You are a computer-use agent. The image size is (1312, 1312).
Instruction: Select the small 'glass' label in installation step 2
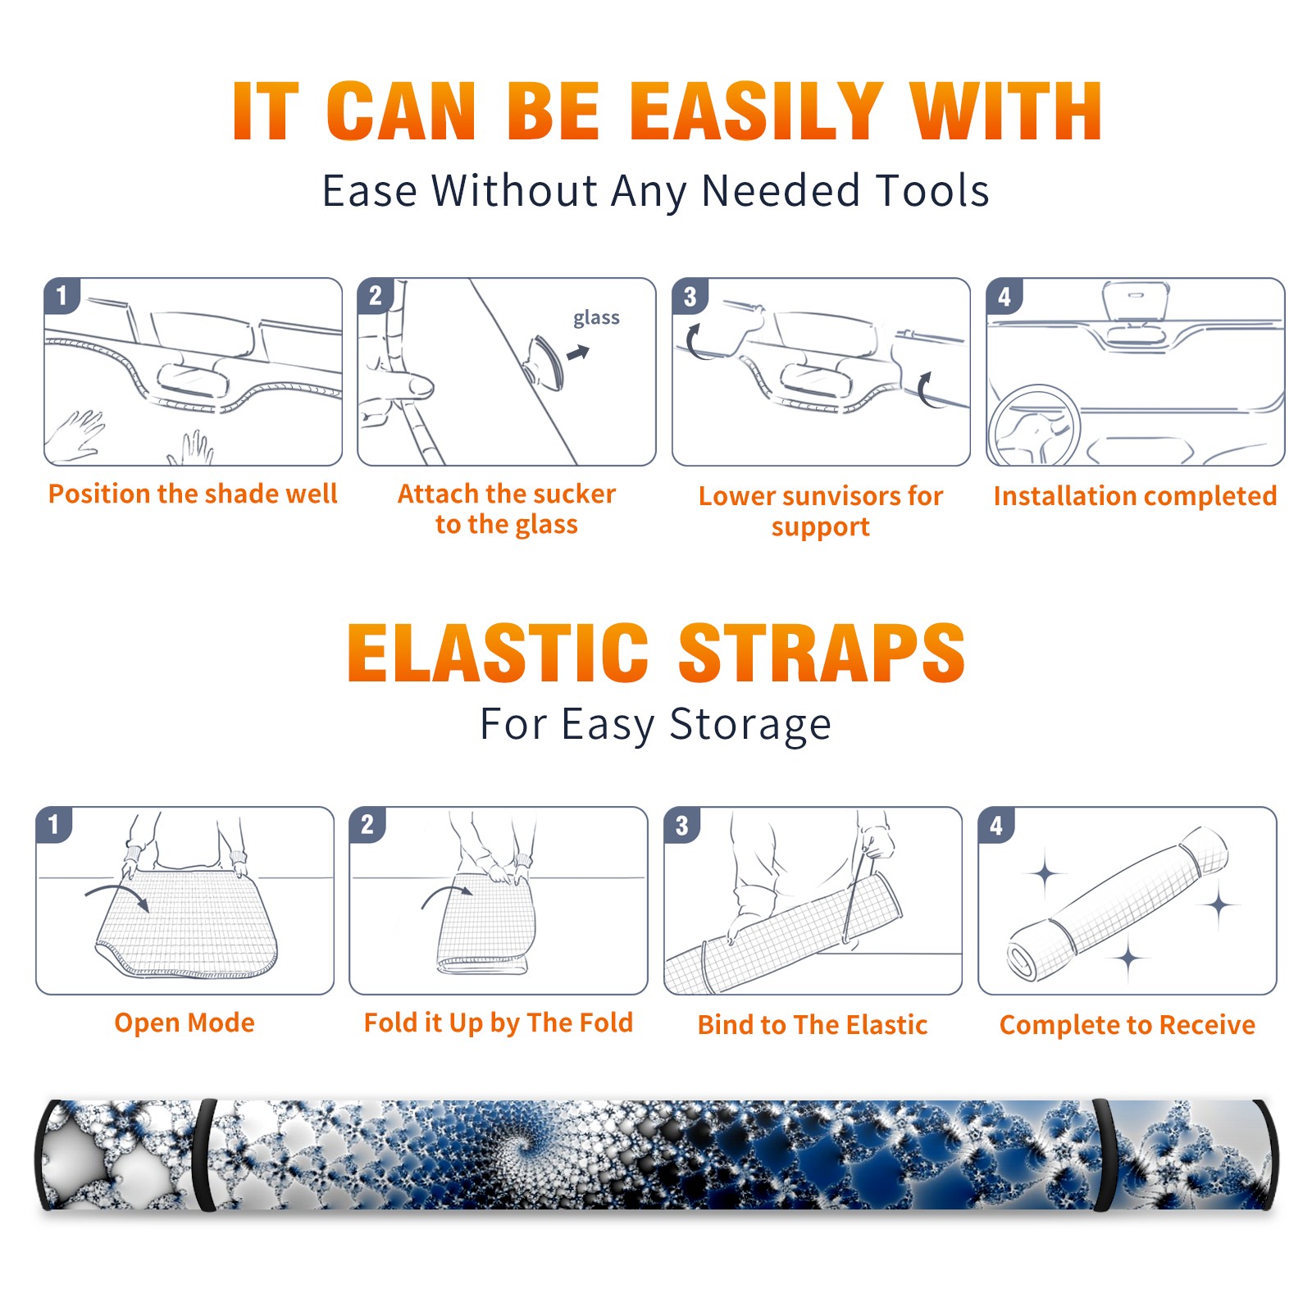tap(596, 317)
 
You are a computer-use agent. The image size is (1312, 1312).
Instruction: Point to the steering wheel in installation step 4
tap(1034, 426)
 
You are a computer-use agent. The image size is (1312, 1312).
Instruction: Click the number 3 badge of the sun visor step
tap(690, 296)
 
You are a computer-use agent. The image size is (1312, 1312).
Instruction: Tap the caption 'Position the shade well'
tap(193, 494)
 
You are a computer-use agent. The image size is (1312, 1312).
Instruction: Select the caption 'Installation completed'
tap(1135, 495)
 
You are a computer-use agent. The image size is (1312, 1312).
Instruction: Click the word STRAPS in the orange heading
tap(822, 653)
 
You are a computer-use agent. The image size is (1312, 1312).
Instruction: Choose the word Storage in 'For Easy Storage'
tap(750, 725)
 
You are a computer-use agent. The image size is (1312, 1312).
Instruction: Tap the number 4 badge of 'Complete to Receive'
tap(996, 825)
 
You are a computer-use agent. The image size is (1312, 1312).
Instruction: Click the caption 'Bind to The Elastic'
tap(813, 1025)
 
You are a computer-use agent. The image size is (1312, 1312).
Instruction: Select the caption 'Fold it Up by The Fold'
tap(499, 1023)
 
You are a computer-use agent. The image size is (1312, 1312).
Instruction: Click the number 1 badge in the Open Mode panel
tap(54, 825)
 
